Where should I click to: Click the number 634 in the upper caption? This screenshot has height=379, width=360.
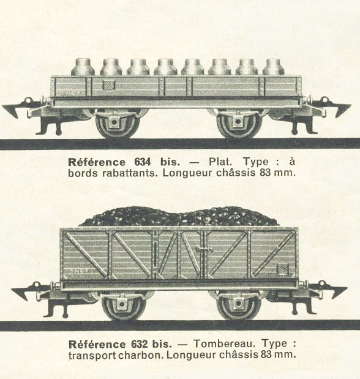[143, 162]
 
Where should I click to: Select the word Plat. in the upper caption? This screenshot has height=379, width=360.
[220, 162]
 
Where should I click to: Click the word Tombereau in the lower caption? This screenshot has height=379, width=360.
[224, 343]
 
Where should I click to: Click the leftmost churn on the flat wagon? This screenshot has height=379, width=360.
[83, 67]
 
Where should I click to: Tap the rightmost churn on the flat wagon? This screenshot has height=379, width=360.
[274, 67]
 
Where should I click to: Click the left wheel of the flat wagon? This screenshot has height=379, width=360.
[118, 124]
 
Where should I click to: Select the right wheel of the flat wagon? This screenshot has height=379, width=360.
[239, 124]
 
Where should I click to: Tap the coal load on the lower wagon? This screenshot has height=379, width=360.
[179, 216]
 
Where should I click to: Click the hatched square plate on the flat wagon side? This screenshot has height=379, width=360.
[108, 85]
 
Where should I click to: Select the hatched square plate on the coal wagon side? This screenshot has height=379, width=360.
[283, 269]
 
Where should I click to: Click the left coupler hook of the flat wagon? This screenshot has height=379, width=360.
[15, 108]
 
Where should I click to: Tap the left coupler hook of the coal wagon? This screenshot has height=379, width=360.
[24, 291]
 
